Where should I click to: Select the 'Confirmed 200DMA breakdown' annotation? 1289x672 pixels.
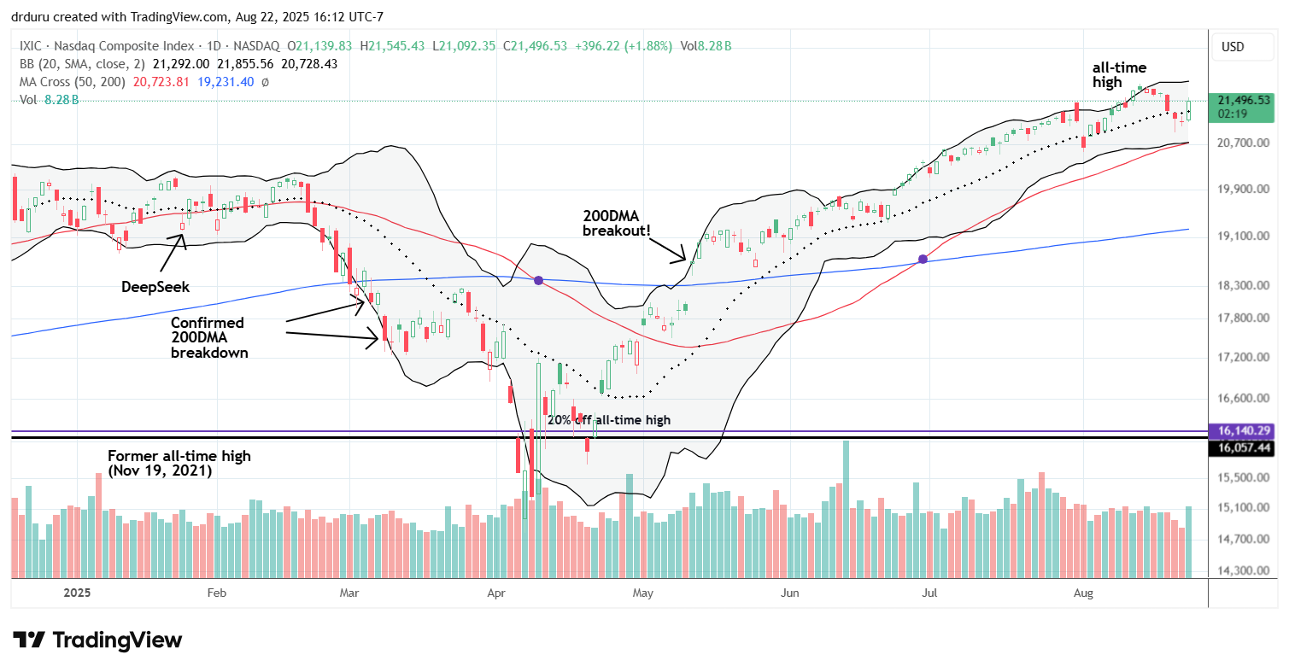point(208,337)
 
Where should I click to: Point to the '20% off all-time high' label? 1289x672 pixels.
point(608,420)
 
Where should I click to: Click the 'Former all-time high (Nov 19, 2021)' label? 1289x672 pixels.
point(179,463)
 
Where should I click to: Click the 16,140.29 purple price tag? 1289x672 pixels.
point(1247,431)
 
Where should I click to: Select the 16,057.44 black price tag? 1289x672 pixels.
point(1247,447)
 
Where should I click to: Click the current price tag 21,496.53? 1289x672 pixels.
point(1247,101)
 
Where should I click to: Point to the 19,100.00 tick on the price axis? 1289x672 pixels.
point(1244,236)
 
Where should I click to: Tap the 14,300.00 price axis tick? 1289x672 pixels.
point(1244,570)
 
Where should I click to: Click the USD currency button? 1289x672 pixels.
point(1233,47)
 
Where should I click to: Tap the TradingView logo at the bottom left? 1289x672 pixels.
point(97,640)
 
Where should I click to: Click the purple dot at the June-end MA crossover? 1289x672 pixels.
point(923,259)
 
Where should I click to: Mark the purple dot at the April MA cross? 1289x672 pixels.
point(538,280)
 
